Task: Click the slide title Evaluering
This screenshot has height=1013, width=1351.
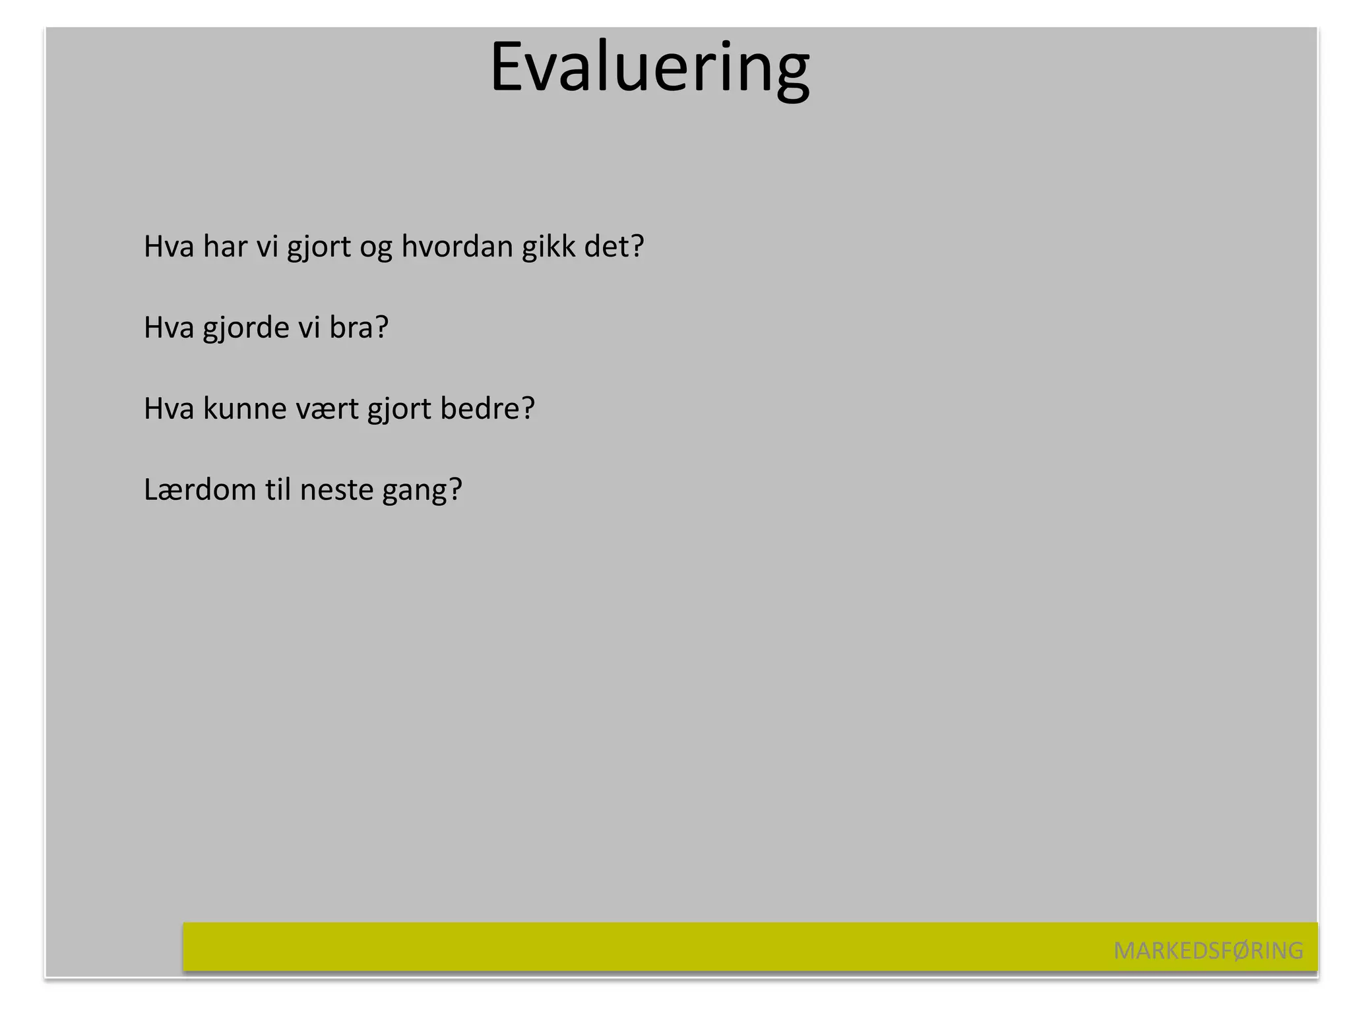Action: tap(650, 69)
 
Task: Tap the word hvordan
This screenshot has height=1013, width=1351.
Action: tap(457, 247)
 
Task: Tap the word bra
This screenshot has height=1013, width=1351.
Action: tap(351, 328)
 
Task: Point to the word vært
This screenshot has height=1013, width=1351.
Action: tap(327, 410)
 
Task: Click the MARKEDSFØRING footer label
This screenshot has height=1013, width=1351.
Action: tap(1208, 950)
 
